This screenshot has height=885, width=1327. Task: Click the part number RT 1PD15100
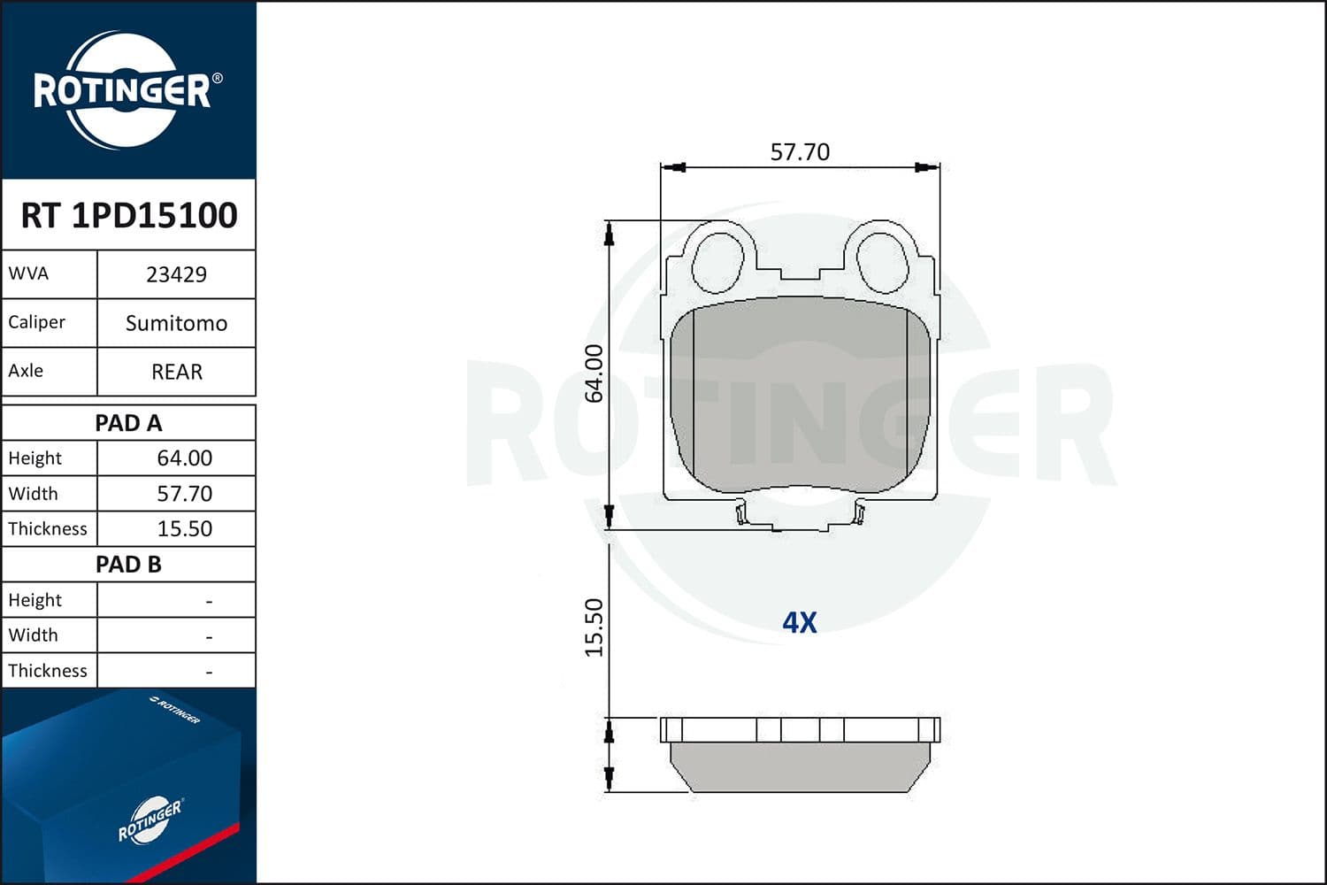click(x=129, y=215)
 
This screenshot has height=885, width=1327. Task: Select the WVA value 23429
click(x=176, y=274)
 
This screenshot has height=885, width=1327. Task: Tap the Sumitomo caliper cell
click(x=176, y=323)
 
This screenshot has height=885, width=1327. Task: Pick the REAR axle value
click(x=176, y=372)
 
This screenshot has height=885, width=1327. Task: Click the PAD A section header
click(x=129, y=423)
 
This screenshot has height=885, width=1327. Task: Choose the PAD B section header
click(x=129, y=565)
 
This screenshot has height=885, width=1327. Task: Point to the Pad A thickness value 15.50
click(x=184, y=528)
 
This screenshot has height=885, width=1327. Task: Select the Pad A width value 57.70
click(x=184, y=493)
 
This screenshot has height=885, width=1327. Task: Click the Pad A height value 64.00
click(x=184, y=458)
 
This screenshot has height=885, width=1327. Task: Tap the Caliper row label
click(x=37, y=322)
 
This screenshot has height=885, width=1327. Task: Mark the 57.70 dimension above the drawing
click(x=800, y=152)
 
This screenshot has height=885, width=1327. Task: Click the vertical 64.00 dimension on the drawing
click(x=594, y=373)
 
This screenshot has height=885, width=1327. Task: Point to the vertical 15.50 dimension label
click(x=594, y=627)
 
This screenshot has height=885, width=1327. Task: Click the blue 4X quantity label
click(x=800, y=623)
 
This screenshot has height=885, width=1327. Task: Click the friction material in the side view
click(x=800, y=766)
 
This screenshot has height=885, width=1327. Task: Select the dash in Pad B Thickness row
click(x=209, y=672)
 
